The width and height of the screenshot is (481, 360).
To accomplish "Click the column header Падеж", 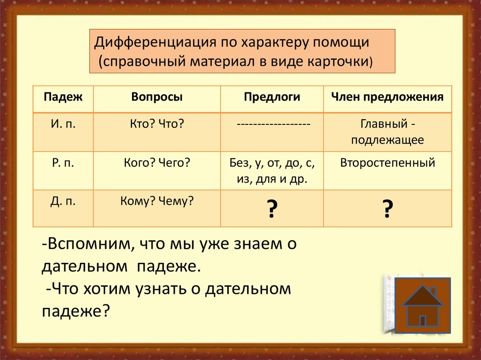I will click(x=63, y=98).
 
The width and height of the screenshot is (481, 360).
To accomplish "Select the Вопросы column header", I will click(x=157, y=98).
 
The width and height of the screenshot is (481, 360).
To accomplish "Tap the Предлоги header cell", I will click(x=272, y=98).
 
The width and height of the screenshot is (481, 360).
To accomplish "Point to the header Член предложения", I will click(x=388, y=98).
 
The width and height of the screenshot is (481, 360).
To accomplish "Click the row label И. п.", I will click(x=63, y=125).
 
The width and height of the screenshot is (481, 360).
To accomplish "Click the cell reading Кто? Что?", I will click(x=157, y=125).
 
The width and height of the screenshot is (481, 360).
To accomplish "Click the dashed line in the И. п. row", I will click(x=272, y=125).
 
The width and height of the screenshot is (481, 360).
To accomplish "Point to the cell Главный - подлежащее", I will click(x=388, y=132).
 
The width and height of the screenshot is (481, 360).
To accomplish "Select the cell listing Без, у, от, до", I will click(x=272, y=171).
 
